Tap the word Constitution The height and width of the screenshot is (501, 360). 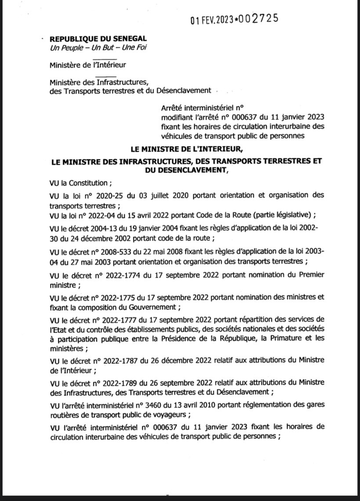83,183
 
